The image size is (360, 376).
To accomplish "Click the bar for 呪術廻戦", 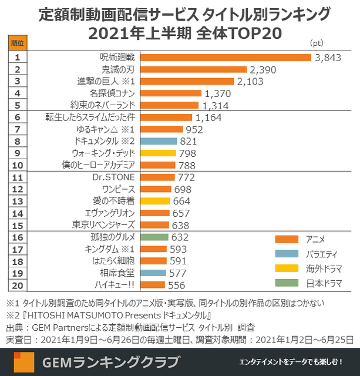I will point(227,58).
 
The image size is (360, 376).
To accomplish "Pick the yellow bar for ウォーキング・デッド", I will point(159,153).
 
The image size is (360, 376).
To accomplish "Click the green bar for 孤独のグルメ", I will point(155,237).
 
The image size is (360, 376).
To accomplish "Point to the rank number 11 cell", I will point(18,177).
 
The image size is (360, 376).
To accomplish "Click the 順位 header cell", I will point(18,43).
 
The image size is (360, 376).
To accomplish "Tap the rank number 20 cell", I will point(18,285).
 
